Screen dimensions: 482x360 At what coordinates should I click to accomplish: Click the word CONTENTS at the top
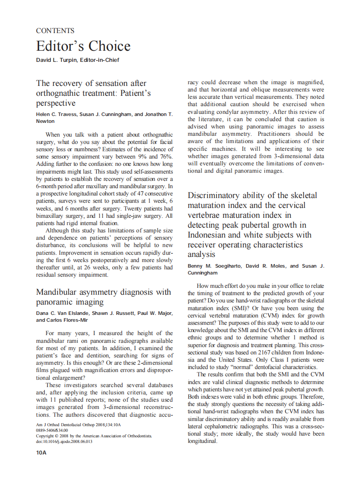point(55,31)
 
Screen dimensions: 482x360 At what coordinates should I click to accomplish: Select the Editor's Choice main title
point(83,46)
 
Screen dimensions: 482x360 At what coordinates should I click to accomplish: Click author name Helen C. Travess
point(58,114)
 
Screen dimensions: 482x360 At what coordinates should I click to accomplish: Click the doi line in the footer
point(64,441)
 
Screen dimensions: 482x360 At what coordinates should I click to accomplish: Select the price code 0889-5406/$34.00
point(52,430)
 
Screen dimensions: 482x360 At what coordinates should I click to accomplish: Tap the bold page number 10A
point(41,452)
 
